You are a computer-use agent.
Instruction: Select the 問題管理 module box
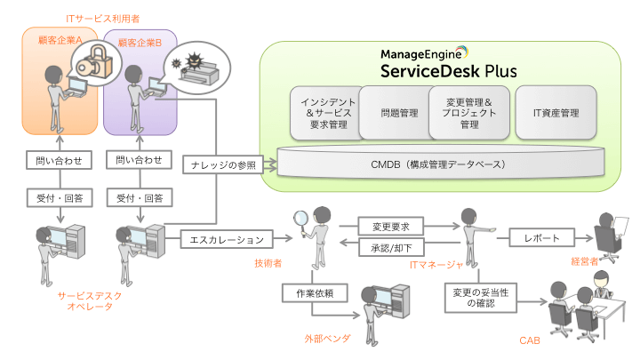coord(399,113)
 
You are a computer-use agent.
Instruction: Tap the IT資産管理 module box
coord(556,113)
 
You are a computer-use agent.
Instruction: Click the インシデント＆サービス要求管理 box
coord(324,113)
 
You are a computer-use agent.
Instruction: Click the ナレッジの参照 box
coord(222,166)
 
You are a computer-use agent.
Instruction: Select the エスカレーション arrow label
coord(228,238)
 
